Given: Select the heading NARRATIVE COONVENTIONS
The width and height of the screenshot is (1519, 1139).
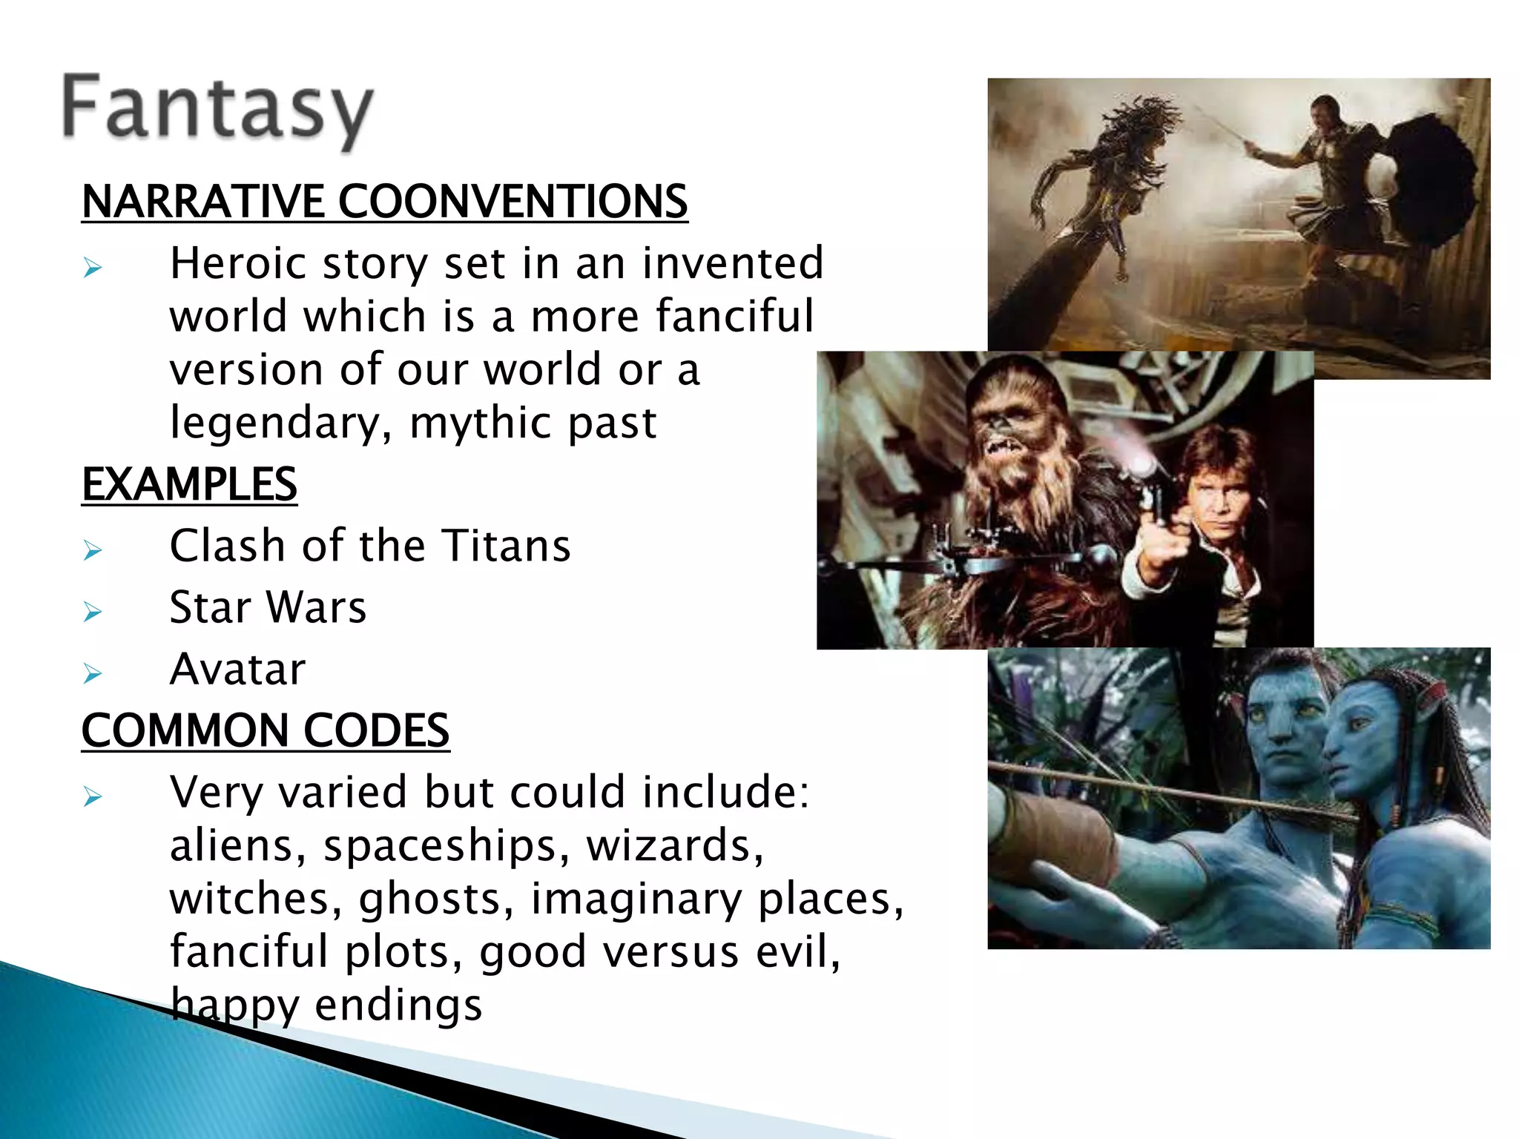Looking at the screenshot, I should [384, 202].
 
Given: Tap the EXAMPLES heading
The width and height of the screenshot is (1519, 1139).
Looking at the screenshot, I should [189, 485].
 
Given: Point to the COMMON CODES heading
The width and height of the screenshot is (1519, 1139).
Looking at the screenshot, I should [265, 730].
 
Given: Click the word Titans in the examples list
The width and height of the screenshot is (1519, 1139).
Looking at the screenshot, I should [507, 547].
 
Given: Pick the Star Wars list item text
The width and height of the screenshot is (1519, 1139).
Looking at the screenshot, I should [268, 608].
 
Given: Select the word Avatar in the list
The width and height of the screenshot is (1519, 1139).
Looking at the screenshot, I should [237, 670].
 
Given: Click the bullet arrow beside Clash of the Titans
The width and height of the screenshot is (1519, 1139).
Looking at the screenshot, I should [93, 550].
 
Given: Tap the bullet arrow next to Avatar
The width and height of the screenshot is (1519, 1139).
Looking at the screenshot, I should [93, 673].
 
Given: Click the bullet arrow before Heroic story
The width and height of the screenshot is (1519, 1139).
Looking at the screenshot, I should [93, 268].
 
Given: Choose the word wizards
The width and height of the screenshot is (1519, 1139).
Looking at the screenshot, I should [674, 845].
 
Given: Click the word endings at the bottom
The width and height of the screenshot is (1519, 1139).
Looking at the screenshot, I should [398, 1006].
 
